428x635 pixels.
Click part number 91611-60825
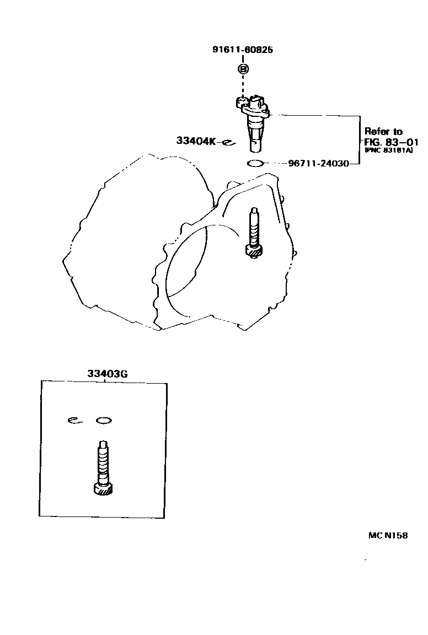coord(243,50)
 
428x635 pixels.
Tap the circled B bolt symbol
coord(243,69)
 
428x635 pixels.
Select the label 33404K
coord(196,141)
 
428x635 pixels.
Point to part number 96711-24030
coord(318,164)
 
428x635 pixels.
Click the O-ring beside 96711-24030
coord(255,163)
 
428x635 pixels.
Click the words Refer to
coord(384,131)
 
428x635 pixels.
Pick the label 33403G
coord(107,373)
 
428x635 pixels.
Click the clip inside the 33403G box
coord(74,421)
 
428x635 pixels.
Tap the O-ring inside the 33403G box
coord(104,421)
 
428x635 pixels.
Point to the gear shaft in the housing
coord(254,232)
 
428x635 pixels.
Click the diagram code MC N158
coord(388,535)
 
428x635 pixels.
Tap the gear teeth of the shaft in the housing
coord(254,251)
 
